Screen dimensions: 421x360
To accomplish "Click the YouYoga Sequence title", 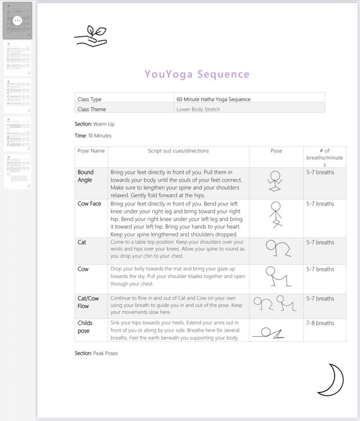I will (197, 74).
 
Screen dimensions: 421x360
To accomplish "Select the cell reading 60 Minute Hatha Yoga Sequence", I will (213, 99).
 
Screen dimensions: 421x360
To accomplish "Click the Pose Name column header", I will (91, 151).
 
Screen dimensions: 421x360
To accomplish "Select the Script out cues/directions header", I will (178, 151).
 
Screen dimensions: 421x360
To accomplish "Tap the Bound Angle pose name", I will (85, 176).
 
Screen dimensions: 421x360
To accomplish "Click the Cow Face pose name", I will (89, 204).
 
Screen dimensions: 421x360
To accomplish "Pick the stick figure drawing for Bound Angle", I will (275, 182).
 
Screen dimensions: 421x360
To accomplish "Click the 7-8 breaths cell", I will (320, 323).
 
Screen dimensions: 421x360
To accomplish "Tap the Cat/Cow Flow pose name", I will (88, 302).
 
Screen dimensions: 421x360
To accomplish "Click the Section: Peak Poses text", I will (96, 353).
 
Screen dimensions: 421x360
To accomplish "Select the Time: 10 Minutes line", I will (93, 135).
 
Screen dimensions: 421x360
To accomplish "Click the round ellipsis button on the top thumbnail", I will (17, 20).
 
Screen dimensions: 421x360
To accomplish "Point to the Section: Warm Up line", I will (95, 124).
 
